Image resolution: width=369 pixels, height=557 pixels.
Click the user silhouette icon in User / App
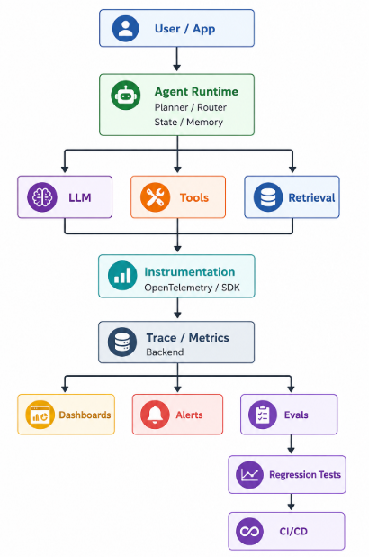(x=126, y=29)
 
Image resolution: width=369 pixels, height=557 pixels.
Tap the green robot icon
(x=126, y=96)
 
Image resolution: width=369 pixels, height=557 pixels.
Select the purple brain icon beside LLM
(x=42, y=197)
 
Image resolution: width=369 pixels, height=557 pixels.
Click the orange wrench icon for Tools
(x=155, y=197)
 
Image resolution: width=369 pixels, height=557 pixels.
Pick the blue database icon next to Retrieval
(x=268, y=197)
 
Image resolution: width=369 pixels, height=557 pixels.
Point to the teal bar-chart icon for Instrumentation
(x=122, y=275)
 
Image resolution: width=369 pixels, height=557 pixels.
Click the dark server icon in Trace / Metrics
(x=122, y=342)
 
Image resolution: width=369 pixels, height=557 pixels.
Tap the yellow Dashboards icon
(x=40, y=415)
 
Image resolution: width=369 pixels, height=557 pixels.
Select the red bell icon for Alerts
(x=155, y=415)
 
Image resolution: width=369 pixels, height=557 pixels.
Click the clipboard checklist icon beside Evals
(x=263, y=415)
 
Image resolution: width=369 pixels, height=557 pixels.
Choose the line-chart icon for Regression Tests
(x=250, y=475)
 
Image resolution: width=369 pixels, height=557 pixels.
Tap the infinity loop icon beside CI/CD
(x=250, y=532)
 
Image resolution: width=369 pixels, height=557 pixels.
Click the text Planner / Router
(x=191, y=107)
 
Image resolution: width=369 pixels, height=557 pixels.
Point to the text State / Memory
(x=189, y=122)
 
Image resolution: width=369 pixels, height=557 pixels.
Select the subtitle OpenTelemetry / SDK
(x=192, y=288)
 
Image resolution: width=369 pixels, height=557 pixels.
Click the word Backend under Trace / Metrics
(x=165, y=352)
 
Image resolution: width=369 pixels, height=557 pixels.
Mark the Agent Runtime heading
(x=196, y=92)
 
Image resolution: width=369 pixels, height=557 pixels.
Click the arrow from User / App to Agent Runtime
(x=177, y=59)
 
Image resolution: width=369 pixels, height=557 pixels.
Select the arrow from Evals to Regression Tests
(x=291, y=444)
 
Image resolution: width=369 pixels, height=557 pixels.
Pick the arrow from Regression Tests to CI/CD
(x=291, y=502)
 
